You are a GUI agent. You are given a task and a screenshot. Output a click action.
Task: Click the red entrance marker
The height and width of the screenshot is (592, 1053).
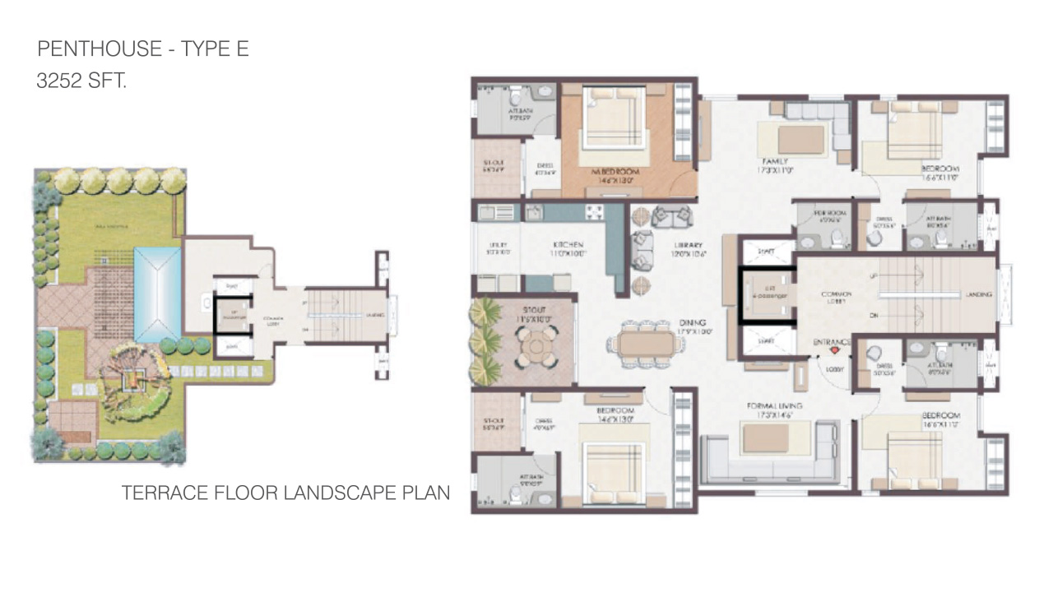pos(834,350)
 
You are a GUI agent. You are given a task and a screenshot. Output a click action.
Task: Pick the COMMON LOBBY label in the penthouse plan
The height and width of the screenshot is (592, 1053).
pos(835,298)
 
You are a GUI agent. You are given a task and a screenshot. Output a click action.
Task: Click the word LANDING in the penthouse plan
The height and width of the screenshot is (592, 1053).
pos(979,294)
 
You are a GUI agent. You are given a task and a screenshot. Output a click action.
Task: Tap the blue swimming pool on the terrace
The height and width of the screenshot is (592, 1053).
pos(157,294)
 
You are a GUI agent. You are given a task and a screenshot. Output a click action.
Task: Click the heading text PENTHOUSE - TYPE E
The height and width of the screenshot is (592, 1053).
pos(142,49)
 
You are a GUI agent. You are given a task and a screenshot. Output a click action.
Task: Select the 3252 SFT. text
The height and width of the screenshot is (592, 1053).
pos(81,81)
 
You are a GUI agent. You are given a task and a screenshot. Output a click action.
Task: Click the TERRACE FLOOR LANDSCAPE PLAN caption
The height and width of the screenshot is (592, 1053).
pos(285,493)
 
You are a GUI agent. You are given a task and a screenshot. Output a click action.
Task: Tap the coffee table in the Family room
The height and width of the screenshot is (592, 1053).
pos(800,139)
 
